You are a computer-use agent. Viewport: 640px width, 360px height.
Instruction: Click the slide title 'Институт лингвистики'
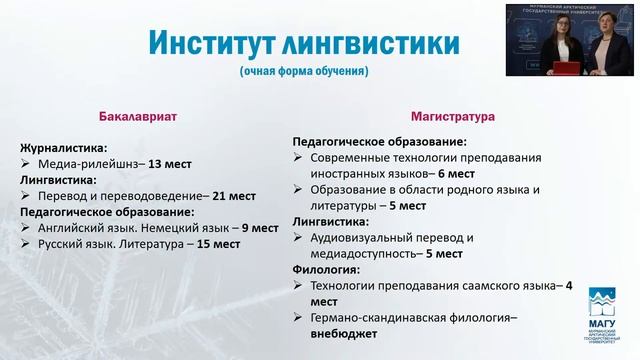[x=304, y=43]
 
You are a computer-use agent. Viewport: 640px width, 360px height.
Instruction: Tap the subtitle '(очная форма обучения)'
[x=304, y=72]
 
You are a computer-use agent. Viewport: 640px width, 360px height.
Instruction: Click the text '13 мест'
[x=169, y=163]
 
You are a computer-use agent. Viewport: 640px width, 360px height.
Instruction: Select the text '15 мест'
[x=219, y=243]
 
